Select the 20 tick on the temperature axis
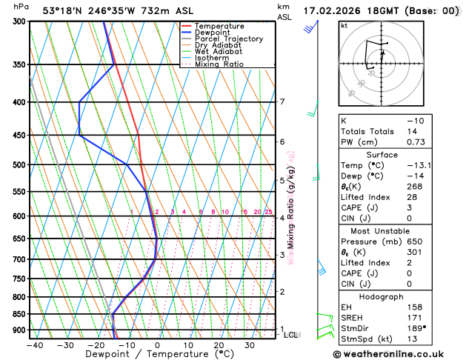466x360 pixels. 219,345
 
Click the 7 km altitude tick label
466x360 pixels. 282,102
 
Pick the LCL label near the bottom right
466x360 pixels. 291,336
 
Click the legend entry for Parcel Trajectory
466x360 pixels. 231,39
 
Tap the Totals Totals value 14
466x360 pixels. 413,131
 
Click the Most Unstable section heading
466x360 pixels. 396,231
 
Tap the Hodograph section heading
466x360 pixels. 396,296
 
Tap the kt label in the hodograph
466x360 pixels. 344,25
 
